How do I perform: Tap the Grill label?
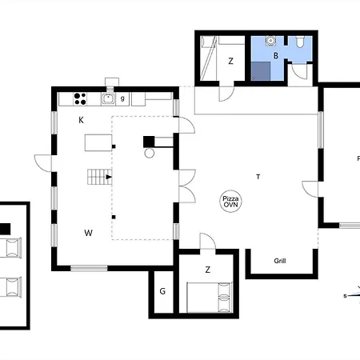click(x=280, y=261)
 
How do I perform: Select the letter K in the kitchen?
click(x=81, y=120)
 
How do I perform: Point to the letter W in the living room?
click(x=89, y=233)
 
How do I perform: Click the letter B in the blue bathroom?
click(x=276, y=55)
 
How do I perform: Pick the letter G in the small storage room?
click(x=162, y=291)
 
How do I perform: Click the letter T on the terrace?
click(x=258, y=177)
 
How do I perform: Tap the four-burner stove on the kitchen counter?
click(x=80, y=99)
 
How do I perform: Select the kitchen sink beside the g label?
click(x=108, y=98)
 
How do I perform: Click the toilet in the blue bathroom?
click(x=300, y=42)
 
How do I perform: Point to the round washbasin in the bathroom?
click(x=270, y=41)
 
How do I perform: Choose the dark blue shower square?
click(x=261, y=71)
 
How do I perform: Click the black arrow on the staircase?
click(x=109, y=177)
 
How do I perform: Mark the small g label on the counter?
click(x=122, y=98)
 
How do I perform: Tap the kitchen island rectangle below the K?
click(x=98, y=143)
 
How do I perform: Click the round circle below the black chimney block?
click(x=150, y=153)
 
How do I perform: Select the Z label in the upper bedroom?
click(x=230, y=61)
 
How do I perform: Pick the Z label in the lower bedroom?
click(x=208, y=270)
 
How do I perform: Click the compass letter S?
click(x=345, y=296)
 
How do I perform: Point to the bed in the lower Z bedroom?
click(x=210, y=298)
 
